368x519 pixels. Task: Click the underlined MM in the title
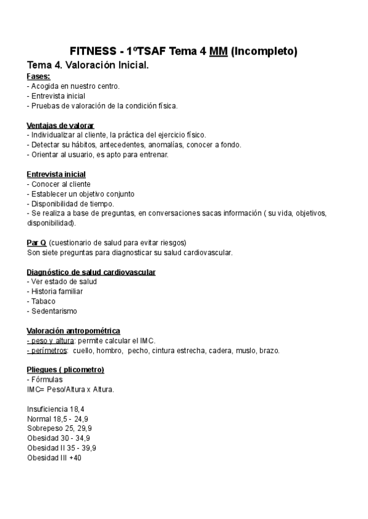pyautogui.click(x=218, y=51)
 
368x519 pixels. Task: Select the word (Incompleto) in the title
pyautogui.click(x=264, y=51)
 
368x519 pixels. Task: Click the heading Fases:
pyautogui.click(x=39, y=77)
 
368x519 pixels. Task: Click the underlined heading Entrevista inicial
pyautogui.click(x=56, y=174)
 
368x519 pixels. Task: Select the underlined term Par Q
pyautogui.click(x=37, y=242)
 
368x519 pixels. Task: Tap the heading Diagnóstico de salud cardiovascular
pyautogui.click(x=91, y=272)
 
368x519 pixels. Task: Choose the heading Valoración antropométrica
pyautogui.click(x=74, y=330)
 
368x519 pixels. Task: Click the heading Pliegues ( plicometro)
pyautogui.click(x=66, y=370)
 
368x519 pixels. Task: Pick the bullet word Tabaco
pyautogui.click(x=43, y=301)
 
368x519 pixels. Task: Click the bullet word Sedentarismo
pyautogui.click(x=50, y=311)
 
